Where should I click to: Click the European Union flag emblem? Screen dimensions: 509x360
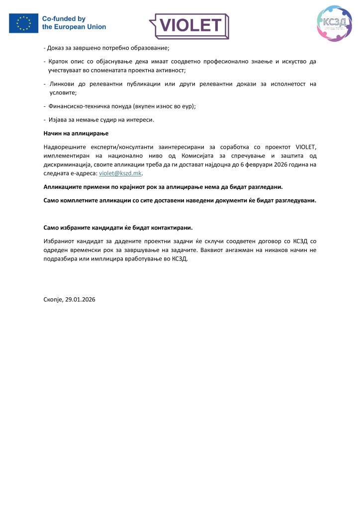(x=23, y=23)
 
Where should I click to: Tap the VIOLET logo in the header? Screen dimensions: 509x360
(x=189, y=25)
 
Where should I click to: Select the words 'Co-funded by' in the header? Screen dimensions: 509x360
(x=64, y=19)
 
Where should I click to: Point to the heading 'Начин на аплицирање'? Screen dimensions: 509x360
(x=76, y=134)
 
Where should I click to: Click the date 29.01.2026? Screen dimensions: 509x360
(x=81, y=299)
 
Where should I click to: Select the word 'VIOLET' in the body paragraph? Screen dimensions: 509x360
(x=306, y=147)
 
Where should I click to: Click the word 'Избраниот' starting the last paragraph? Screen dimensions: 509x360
(x=59, y=241)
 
